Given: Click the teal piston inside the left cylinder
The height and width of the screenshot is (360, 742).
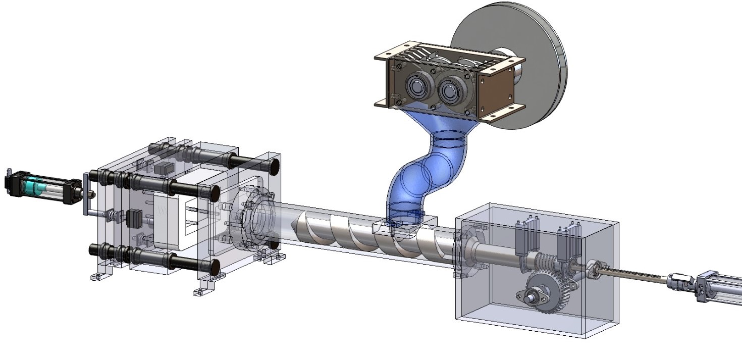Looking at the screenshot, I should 33,187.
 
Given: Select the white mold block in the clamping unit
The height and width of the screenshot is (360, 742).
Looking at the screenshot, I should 177,217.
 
